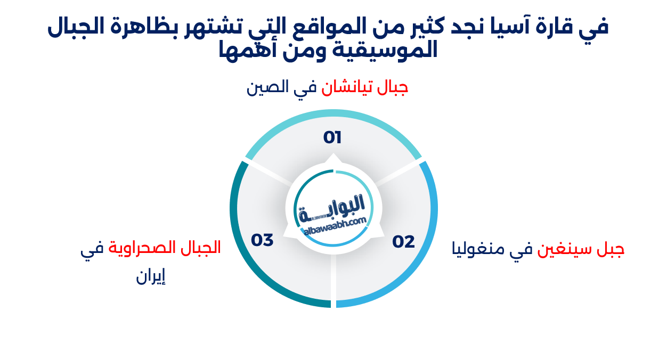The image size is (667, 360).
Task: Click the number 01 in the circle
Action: (x=332, y=137)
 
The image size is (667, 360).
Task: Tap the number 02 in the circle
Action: (x=403, y=242)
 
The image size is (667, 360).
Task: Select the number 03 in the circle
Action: (x=262, y=240)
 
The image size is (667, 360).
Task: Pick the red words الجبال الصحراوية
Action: (x=165, y=248)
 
